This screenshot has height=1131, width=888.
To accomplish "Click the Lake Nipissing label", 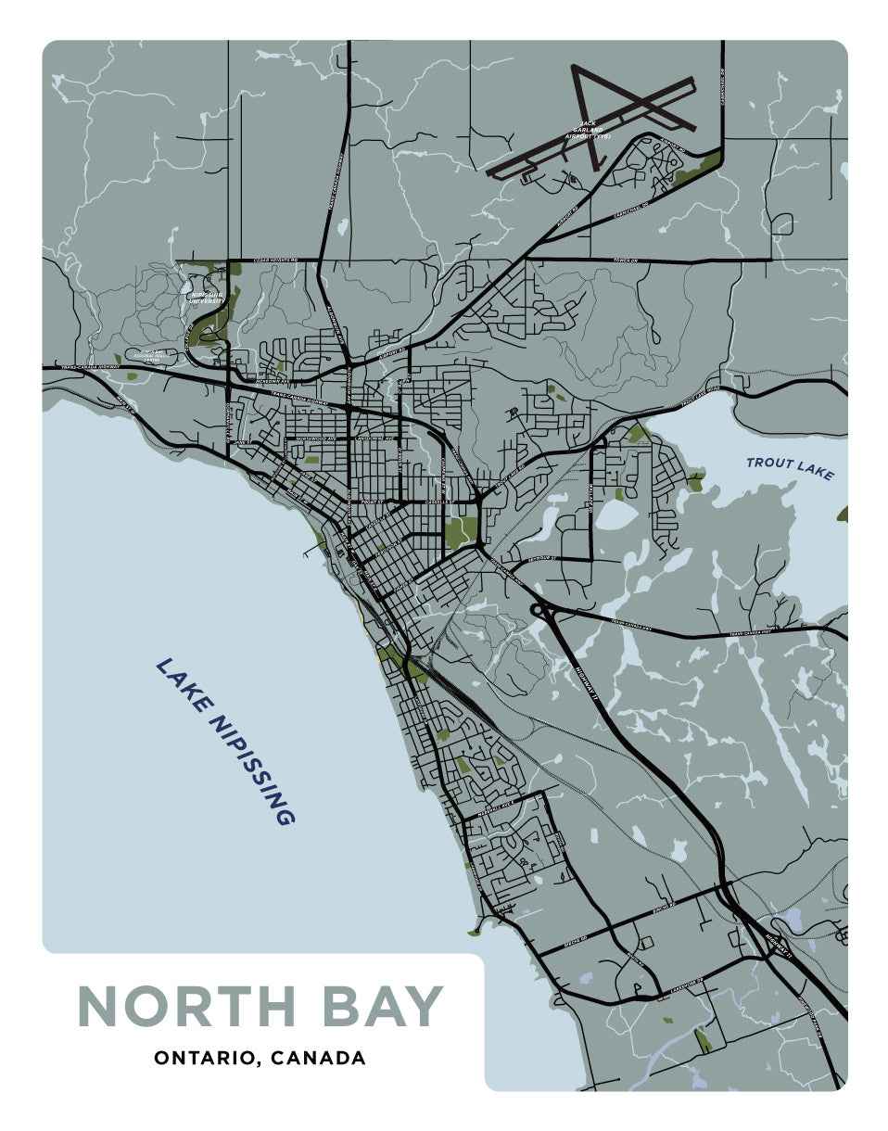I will coord(225,742).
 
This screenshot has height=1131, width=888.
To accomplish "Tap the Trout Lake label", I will coord(790,468).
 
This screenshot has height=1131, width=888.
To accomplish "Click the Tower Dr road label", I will coord(627,261).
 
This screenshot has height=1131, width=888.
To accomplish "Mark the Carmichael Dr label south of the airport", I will coord(630,210).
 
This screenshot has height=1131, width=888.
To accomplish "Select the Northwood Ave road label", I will coord(313,438).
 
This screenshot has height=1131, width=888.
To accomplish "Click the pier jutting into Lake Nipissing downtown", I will coord(306,554).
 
